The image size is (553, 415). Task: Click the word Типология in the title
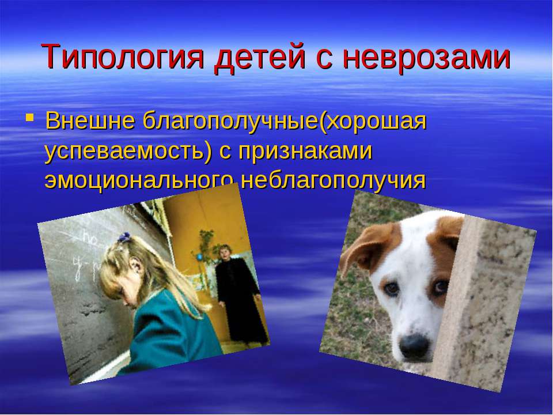pos(122,57)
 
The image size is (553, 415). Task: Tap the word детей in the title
pos(259,57)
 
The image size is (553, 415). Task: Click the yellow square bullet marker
pos(30,117)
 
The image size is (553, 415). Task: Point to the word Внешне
pos(90,121)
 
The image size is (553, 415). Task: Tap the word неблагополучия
pos(334,180)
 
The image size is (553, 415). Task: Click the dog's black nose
pos(414,344)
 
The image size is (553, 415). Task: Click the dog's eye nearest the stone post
pos(440,286)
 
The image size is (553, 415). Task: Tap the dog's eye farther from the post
pos(391,289)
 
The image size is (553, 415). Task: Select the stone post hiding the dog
pos(483,304)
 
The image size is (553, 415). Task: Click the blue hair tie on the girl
pos(124,237)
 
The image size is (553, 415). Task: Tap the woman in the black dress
pos(237,293)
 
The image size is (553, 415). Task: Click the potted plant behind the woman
pos(206,247)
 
